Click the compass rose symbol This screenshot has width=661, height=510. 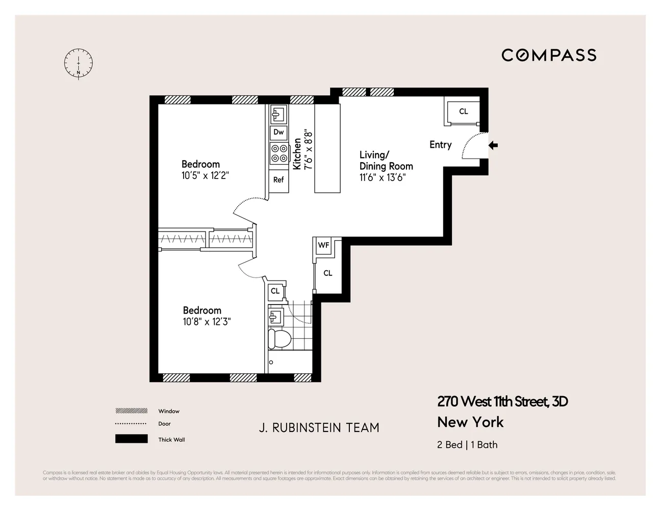point(79,64)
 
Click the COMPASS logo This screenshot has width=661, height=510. point(549,55)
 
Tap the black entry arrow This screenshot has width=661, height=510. point(493,146)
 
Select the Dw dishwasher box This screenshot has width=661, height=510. point(278,132)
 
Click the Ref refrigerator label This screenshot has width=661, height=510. point(278,180)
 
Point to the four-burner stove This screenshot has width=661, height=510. point(278,154)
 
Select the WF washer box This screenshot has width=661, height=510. point(323,245)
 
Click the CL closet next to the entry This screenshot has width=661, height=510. point(463,112)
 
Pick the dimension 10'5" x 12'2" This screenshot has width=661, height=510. point(206,176)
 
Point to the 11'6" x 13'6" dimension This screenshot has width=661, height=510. point(383,177)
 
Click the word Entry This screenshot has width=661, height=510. point(440,145)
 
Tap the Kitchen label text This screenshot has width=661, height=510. point(297,154)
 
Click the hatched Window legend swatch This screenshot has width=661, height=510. point(131,411)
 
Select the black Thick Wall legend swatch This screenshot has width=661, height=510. point(131,439)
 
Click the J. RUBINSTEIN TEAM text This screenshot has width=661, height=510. point(319,428)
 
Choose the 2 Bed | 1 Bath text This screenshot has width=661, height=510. point(467,445)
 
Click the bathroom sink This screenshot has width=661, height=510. point(275,317)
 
